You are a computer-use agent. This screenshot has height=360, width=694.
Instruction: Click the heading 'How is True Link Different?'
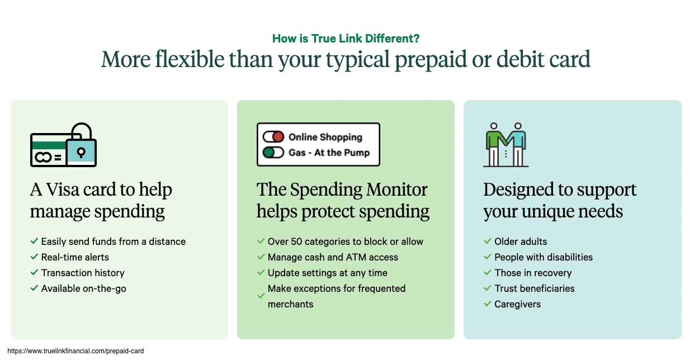[346, 39]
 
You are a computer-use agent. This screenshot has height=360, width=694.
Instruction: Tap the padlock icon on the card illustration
[81, 146]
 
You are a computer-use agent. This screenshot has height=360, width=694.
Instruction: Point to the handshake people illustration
[506, 144]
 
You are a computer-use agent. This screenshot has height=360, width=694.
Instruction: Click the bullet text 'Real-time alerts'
[75, 257]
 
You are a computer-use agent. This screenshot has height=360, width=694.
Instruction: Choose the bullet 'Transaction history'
[83, 273]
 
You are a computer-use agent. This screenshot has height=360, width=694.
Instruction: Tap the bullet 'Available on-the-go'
[84, 288]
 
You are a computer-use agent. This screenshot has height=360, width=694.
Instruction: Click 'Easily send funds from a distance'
[114, 241]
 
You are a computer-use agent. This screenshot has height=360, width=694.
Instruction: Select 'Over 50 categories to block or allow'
[346, 241]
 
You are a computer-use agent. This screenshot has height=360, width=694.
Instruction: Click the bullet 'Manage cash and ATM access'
[333, 257]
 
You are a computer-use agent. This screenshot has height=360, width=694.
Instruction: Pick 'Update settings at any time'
[327, 273]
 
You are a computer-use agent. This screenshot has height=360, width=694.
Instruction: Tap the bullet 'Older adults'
[521, 241]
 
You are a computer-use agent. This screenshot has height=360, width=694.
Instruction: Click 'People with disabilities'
[544, 257]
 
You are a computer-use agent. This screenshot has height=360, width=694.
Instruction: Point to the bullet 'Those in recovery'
[533, 273]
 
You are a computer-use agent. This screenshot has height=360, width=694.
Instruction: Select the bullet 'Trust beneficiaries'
[535, 288]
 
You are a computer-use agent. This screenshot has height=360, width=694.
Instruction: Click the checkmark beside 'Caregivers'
[487, 304]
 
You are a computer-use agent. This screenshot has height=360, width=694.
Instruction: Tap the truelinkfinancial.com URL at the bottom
[75, 351]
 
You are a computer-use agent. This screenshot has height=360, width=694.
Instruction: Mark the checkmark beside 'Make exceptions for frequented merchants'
[261, 296]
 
